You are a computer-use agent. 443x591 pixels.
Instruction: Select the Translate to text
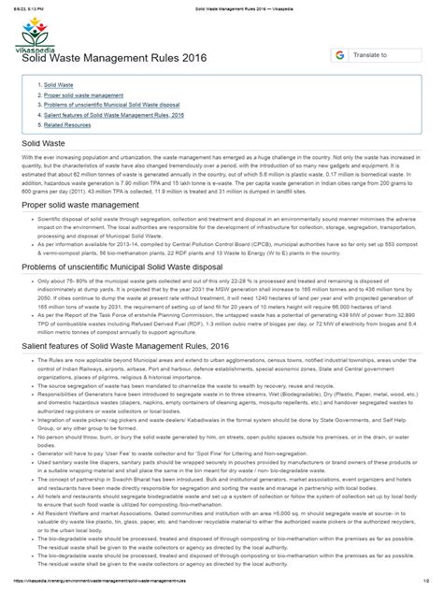pyautogui.click(x=371, y=56)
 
